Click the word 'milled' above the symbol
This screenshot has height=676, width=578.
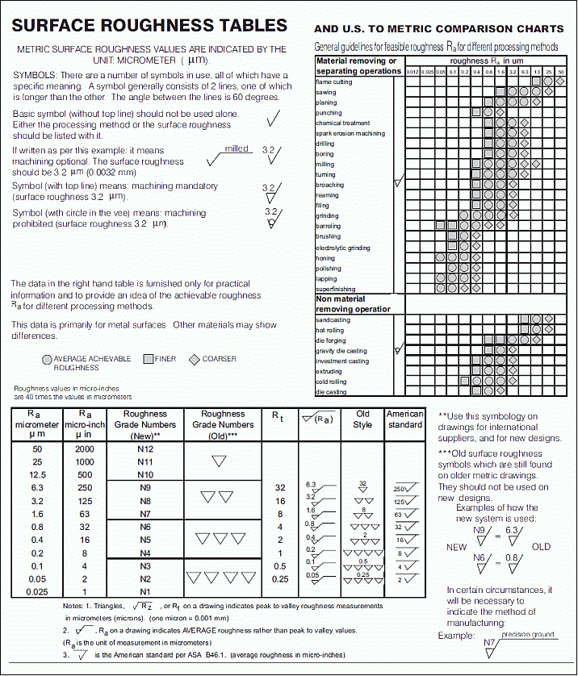point(236,149)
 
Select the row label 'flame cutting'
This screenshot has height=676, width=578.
point(333,82)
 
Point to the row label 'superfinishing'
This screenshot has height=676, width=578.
point(335,289)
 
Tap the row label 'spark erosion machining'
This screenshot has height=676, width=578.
point(350,134)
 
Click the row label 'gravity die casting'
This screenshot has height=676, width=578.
point(341,351)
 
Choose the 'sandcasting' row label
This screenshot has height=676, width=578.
point(333,320)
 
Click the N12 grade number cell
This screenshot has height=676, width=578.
point(145,449)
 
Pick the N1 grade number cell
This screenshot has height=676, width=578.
point(145,592)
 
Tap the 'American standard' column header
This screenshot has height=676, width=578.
point(404,419)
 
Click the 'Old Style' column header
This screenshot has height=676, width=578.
point(363,419)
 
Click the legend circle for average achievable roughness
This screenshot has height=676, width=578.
point(47,359)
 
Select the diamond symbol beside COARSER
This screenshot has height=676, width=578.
point(194,359)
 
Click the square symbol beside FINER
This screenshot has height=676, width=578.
point(148,359)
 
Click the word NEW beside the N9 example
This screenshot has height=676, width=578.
point(457,546)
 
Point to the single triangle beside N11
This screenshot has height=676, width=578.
point(218,461)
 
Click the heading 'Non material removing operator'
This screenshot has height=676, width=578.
point(353,304)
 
